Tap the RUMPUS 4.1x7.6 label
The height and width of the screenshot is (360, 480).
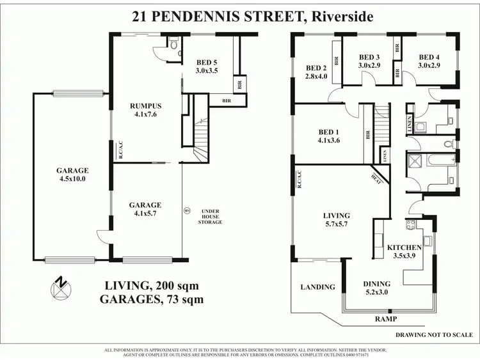[131, 110]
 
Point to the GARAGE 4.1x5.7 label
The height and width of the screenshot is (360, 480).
[145, 209]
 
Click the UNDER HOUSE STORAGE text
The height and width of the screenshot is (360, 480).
[211, 217]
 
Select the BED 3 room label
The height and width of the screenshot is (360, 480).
[369, 61]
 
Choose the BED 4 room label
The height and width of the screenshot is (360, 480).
[429, 61]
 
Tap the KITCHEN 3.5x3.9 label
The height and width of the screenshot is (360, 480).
[403, 251]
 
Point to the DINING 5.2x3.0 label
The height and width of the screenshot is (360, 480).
[377, 287]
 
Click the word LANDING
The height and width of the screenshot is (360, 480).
[317, 287]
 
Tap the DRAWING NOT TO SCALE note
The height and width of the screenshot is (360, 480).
[433, 334]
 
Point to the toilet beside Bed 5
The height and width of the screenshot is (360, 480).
[173, 44]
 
